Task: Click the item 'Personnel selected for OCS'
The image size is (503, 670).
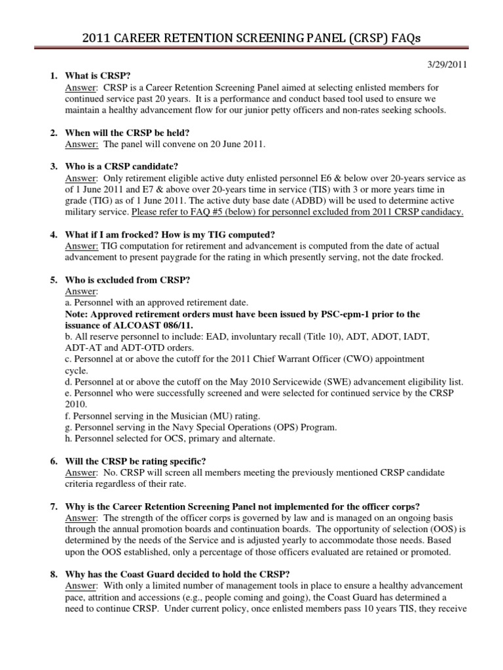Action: click(x=170, y=438)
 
